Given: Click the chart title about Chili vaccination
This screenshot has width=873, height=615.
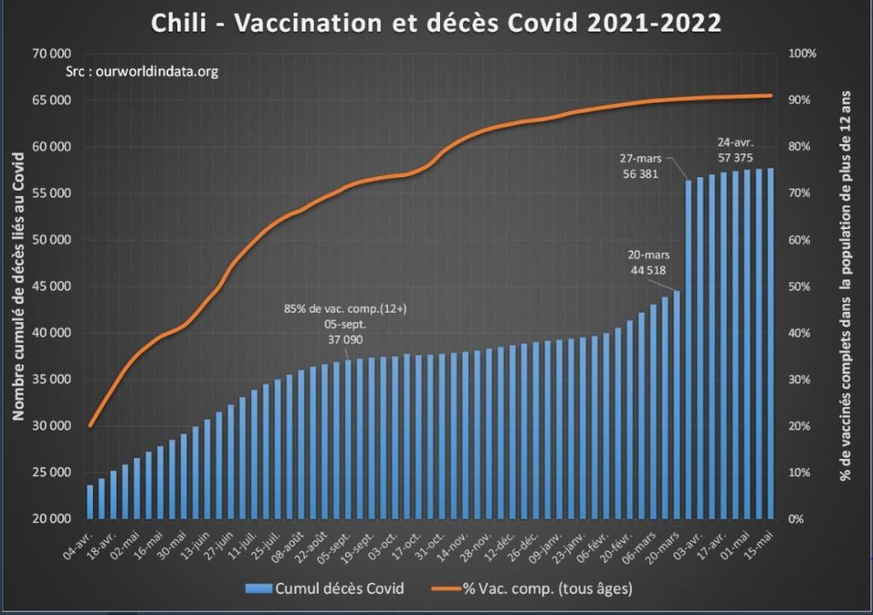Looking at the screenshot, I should pyautogui.click(x=436, y=23).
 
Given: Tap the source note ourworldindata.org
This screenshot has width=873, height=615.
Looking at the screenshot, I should pyautogui.click(x=142, y=72).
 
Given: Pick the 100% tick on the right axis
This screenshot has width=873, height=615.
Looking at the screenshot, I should pyautogui.click(x=802, y=54).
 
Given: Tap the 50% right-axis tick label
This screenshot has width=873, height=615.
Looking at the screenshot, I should pyautogui.click(x=802, y=286).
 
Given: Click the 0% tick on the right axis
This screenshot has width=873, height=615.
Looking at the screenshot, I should pyautogui.click(x=802, y=519).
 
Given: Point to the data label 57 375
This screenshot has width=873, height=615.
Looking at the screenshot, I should pyautogui.click(x=734, y=158).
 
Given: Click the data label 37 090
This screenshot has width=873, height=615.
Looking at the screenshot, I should pyautogui.click(x=345, y=338).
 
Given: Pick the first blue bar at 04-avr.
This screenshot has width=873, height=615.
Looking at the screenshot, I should pyautogui.click(x=90, y=502).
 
